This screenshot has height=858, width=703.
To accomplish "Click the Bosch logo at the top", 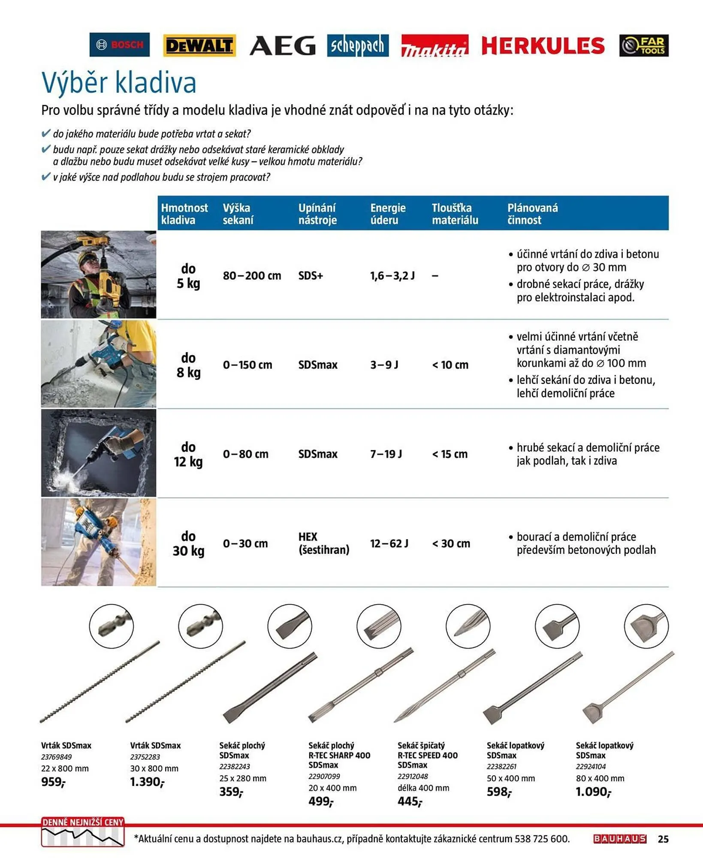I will tap(119, 45).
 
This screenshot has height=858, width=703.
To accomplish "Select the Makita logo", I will tap(434, 46).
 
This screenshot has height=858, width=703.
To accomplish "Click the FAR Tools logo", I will tap(643, 45).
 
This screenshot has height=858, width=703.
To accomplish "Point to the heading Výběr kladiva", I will tap(119, 82).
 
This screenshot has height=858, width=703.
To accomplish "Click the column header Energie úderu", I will tap(388, 214).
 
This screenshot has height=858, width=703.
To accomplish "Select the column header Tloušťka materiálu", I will tap(455, 214).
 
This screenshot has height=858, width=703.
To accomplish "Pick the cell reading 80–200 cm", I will tap(252, 275).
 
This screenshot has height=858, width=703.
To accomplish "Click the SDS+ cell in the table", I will tap(311, 275).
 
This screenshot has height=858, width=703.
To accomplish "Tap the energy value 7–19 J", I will tap(386, 454).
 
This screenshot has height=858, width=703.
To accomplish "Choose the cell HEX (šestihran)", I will tap(323, 543).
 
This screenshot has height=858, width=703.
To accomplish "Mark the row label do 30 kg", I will tap(188, 543).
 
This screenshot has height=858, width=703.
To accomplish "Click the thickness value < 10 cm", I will tap(450, 365).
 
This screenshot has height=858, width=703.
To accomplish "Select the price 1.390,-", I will tap(147, 782).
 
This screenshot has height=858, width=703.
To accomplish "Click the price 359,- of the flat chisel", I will tap(231, 792).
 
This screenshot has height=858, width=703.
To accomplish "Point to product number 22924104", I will tap(591, 767).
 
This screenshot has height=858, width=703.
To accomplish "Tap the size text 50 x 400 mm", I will tap(510, 778).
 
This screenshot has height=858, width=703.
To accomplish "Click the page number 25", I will tap(663, 839).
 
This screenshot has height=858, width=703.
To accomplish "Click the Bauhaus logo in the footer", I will tap(619, 839).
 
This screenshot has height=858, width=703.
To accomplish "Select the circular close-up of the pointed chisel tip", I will tap(468, 626).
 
